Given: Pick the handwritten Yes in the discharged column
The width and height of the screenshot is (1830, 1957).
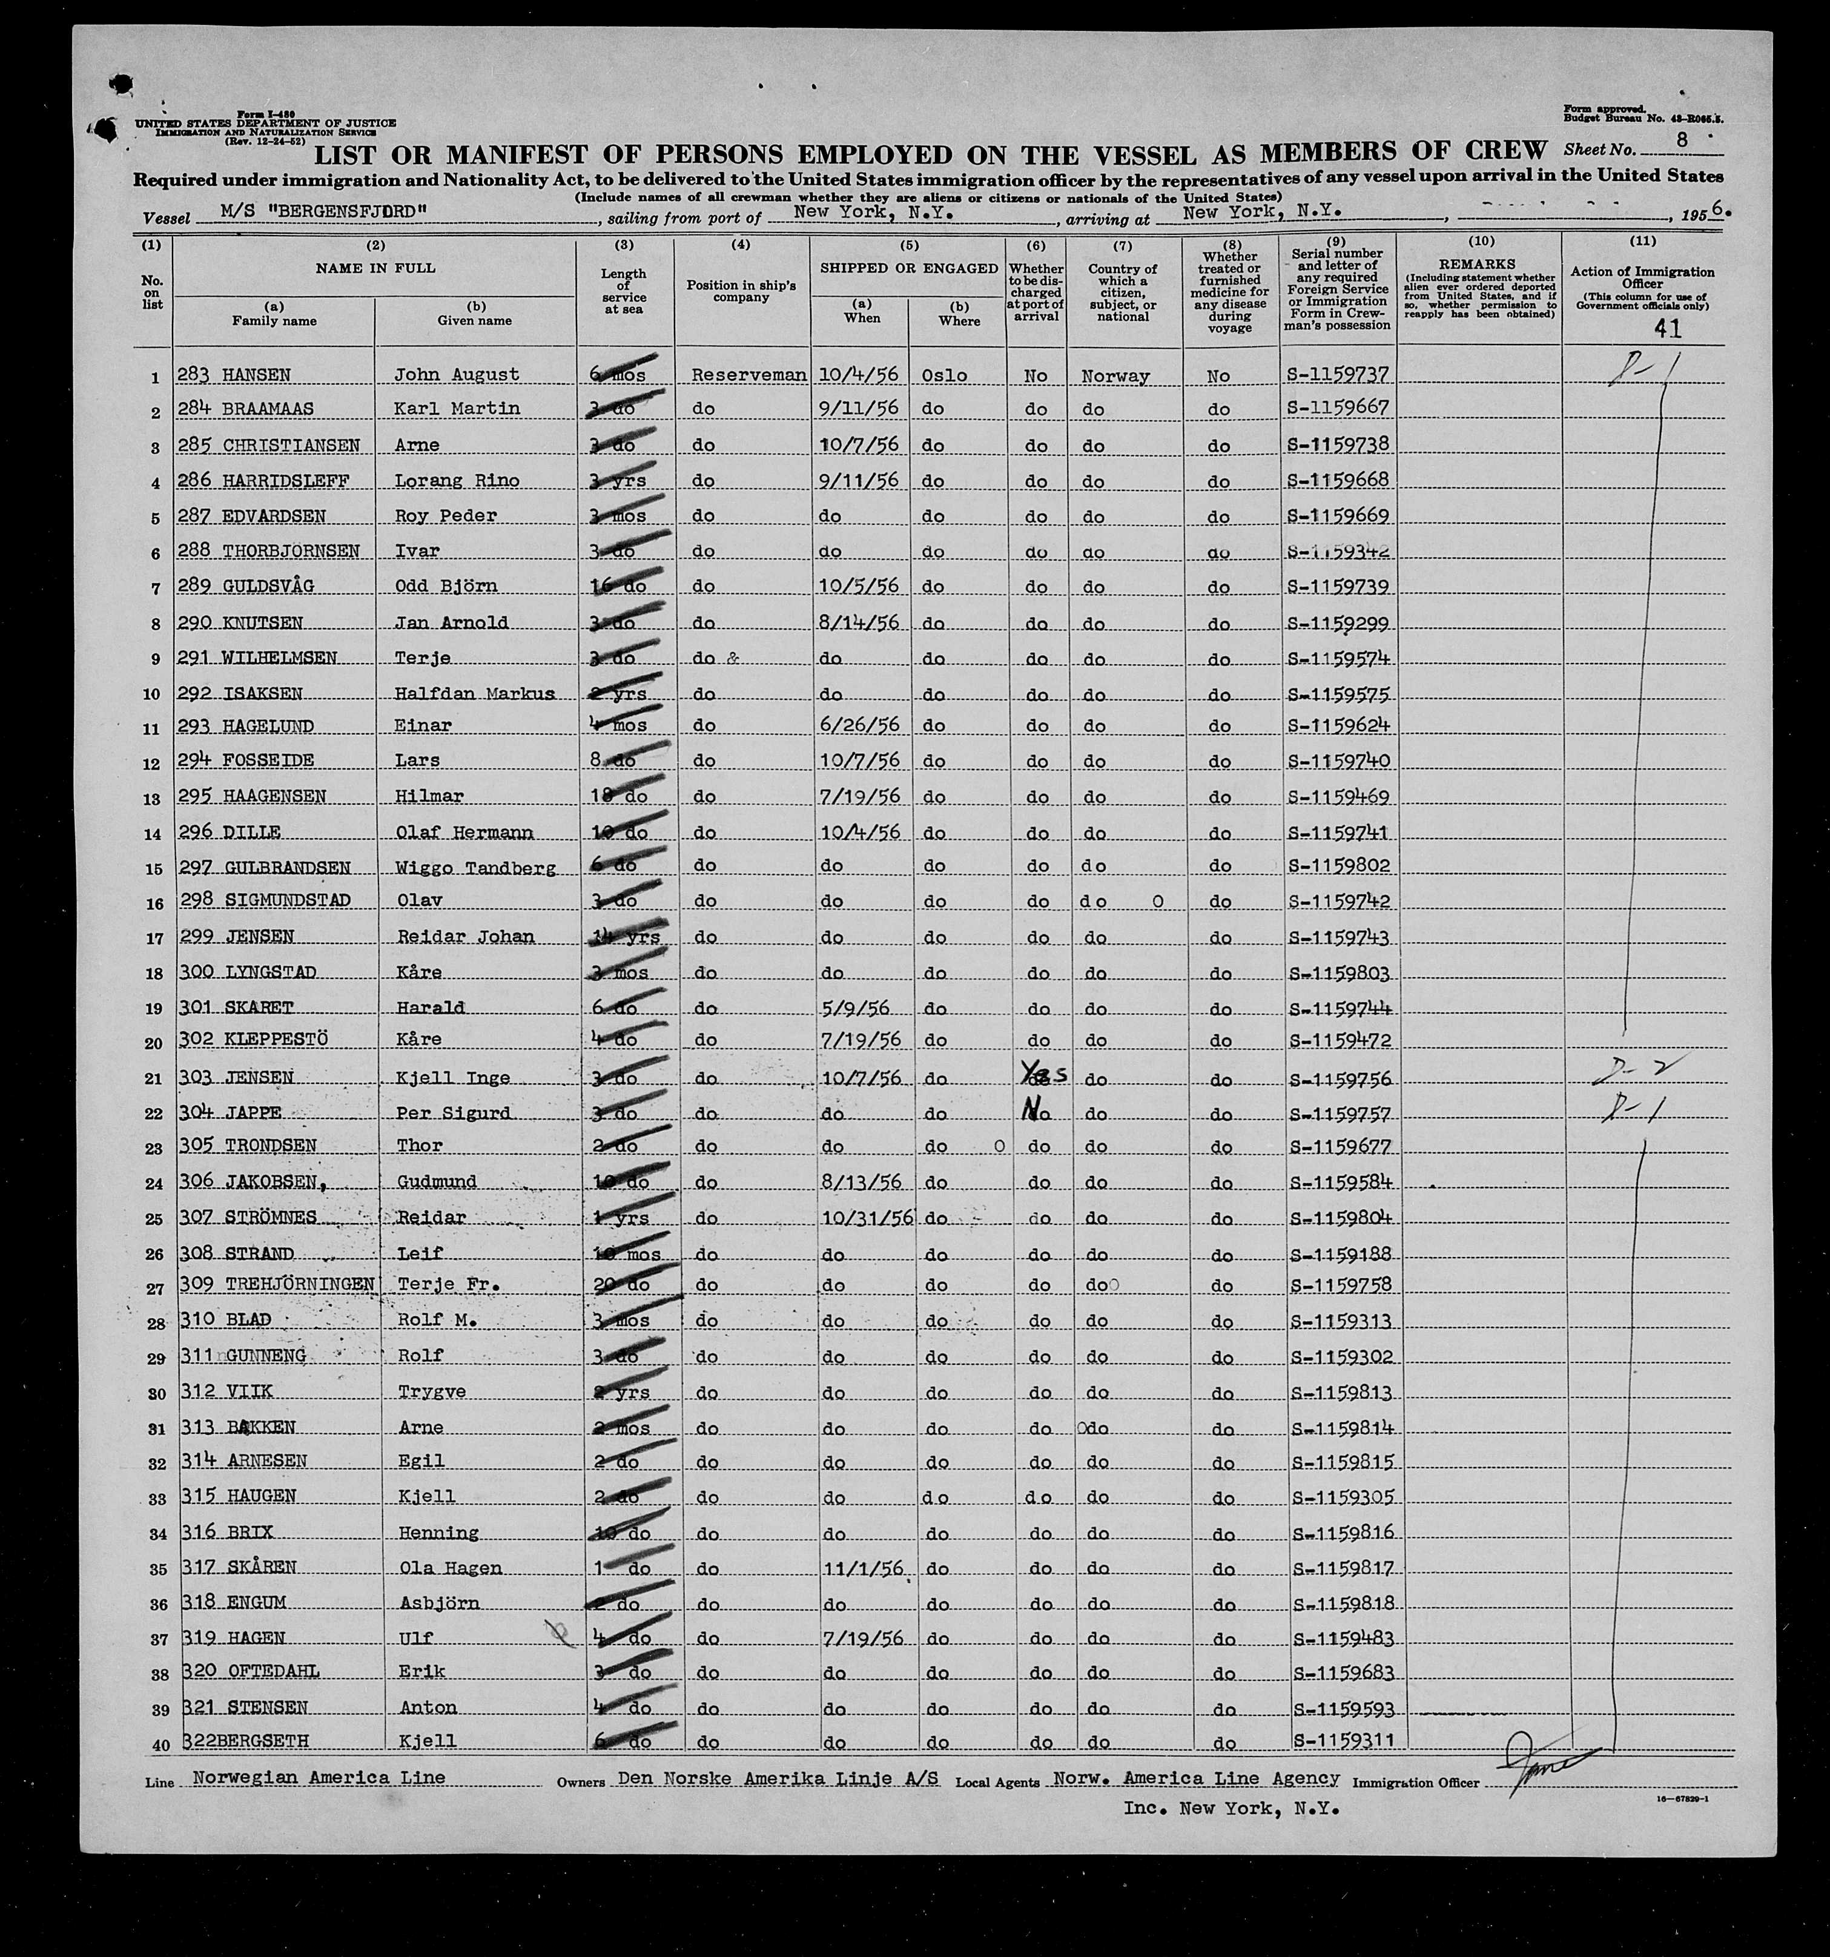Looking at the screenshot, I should pos(1036,1077).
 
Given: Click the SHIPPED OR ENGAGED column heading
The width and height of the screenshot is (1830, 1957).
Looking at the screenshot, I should pos(908,268).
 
